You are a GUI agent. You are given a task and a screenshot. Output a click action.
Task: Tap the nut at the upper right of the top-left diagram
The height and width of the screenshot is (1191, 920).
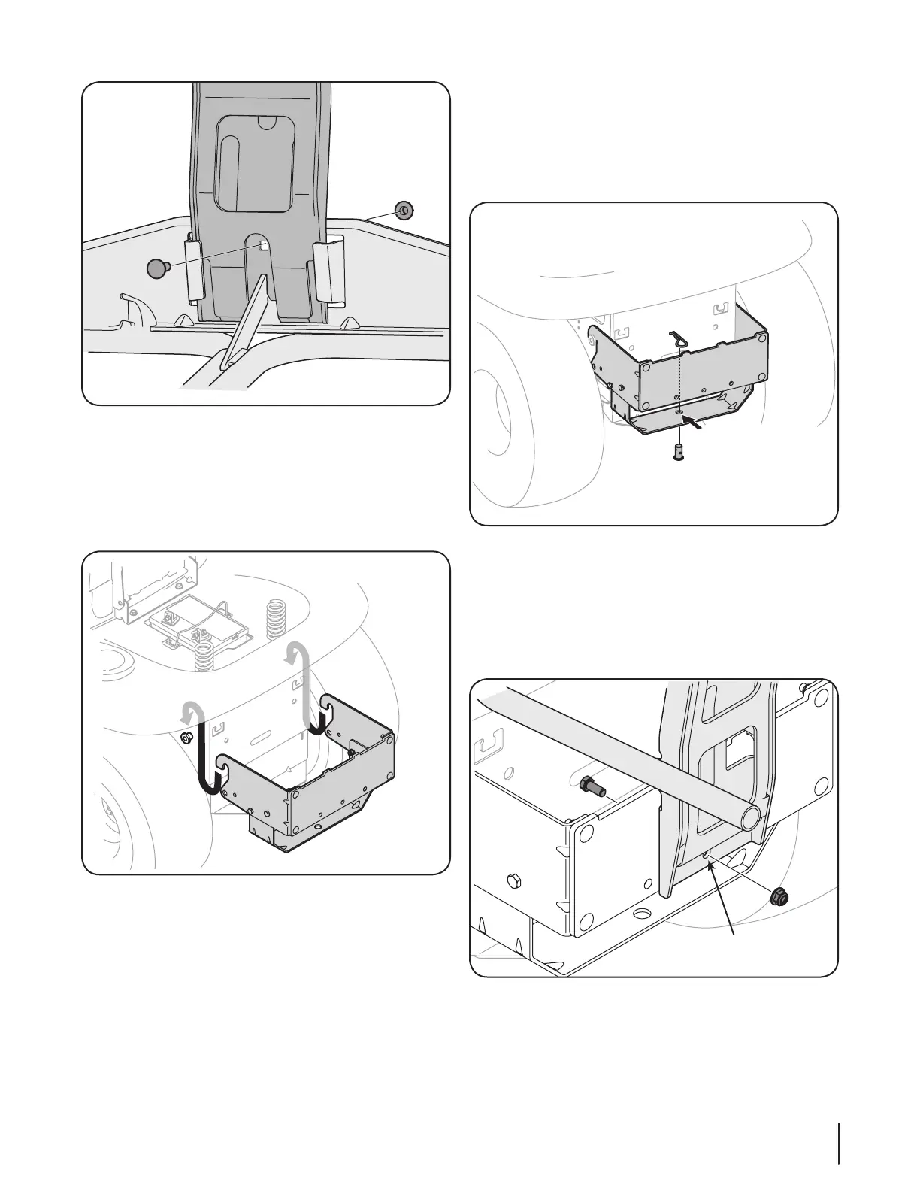[404, 210]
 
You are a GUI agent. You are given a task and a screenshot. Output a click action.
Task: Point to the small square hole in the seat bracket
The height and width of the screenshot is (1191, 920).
[264, 244]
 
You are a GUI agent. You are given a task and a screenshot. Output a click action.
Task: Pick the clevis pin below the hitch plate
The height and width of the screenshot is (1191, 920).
[678, 453]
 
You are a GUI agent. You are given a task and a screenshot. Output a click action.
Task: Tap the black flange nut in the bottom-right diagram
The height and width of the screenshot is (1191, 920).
[779, 896]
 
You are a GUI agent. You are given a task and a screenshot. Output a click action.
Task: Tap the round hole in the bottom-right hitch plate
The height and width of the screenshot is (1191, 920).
[642, 914]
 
